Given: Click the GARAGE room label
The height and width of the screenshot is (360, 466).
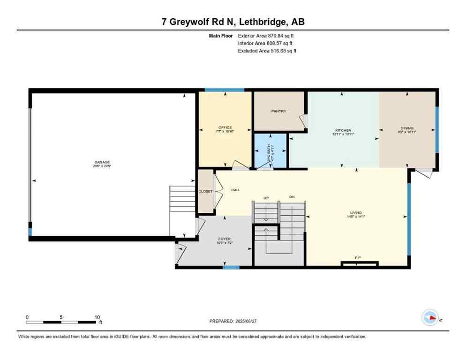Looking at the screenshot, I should [x=102, y=162].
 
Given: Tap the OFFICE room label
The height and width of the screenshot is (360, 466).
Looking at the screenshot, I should [x=225, y=127].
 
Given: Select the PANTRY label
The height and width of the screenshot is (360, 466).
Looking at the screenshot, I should [x=278, y=111].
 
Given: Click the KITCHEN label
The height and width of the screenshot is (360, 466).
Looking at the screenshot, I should [x=343, y=130].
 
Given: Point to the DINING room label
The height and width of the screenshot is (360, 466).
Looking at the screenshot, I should [x=406, y=128].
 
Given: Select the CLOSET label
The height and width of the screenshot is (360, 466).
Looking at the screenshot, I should [x=205, y=191].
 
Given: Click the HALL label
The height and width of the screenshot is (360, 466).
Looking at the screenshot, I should [x=235, y=190].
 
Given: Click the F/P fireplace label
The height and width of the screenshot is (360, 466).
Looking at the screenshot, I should [x=358, y=258].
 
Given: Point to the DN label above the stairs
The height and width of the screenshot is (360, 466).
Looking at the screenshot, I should [x=292, y=197].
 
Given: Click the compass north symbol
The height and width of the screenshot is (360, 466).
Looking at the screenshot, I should [x=430, y=318].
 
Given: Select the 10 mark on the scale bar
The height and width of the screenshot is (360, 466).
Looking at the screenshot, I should [x=97, y=317].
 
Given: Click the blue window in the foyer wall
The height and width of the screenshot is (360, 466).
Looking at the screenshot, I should [x=231, y=267].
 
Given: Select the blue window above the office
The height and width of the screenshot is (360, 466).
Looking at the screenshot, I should [x=224, y=90].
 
